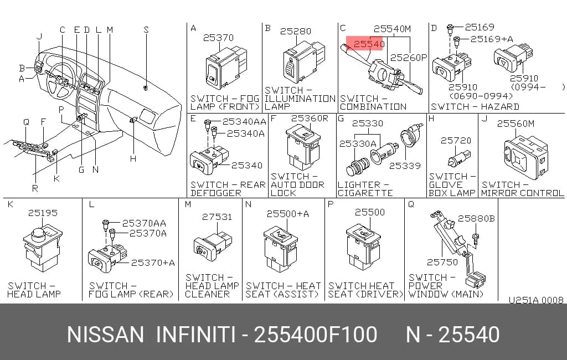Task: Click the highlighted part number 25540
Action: point(369,44)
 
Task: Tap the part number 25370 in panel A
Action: point(218,38)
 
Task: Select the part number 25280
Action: point(296,31)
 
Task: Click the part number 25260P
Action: point(409,58)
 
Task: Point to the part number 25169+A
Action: point(492,39)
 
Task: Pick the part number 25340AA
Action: point(244,121)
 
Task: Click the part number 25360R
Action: point(310,119)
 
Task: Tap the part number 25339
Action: point(405,166)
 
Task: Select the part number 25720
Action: point(456,140)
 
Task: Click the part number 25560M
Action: point(516,124)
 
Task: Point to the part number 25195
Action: point(43,213)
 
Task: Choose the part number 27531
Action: point(217,217)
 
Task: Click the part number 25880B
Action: point(476,219)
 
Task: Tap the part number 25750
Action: point(442,262)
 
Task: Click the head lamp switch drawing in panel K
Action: point(43,248)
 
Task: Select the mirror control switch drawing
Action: point(527,157)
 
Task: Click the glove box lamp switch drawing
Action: point(459,159)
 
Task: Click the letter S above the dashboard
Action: point(146,30)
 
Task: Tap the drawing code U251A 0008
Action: point(536,300)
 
